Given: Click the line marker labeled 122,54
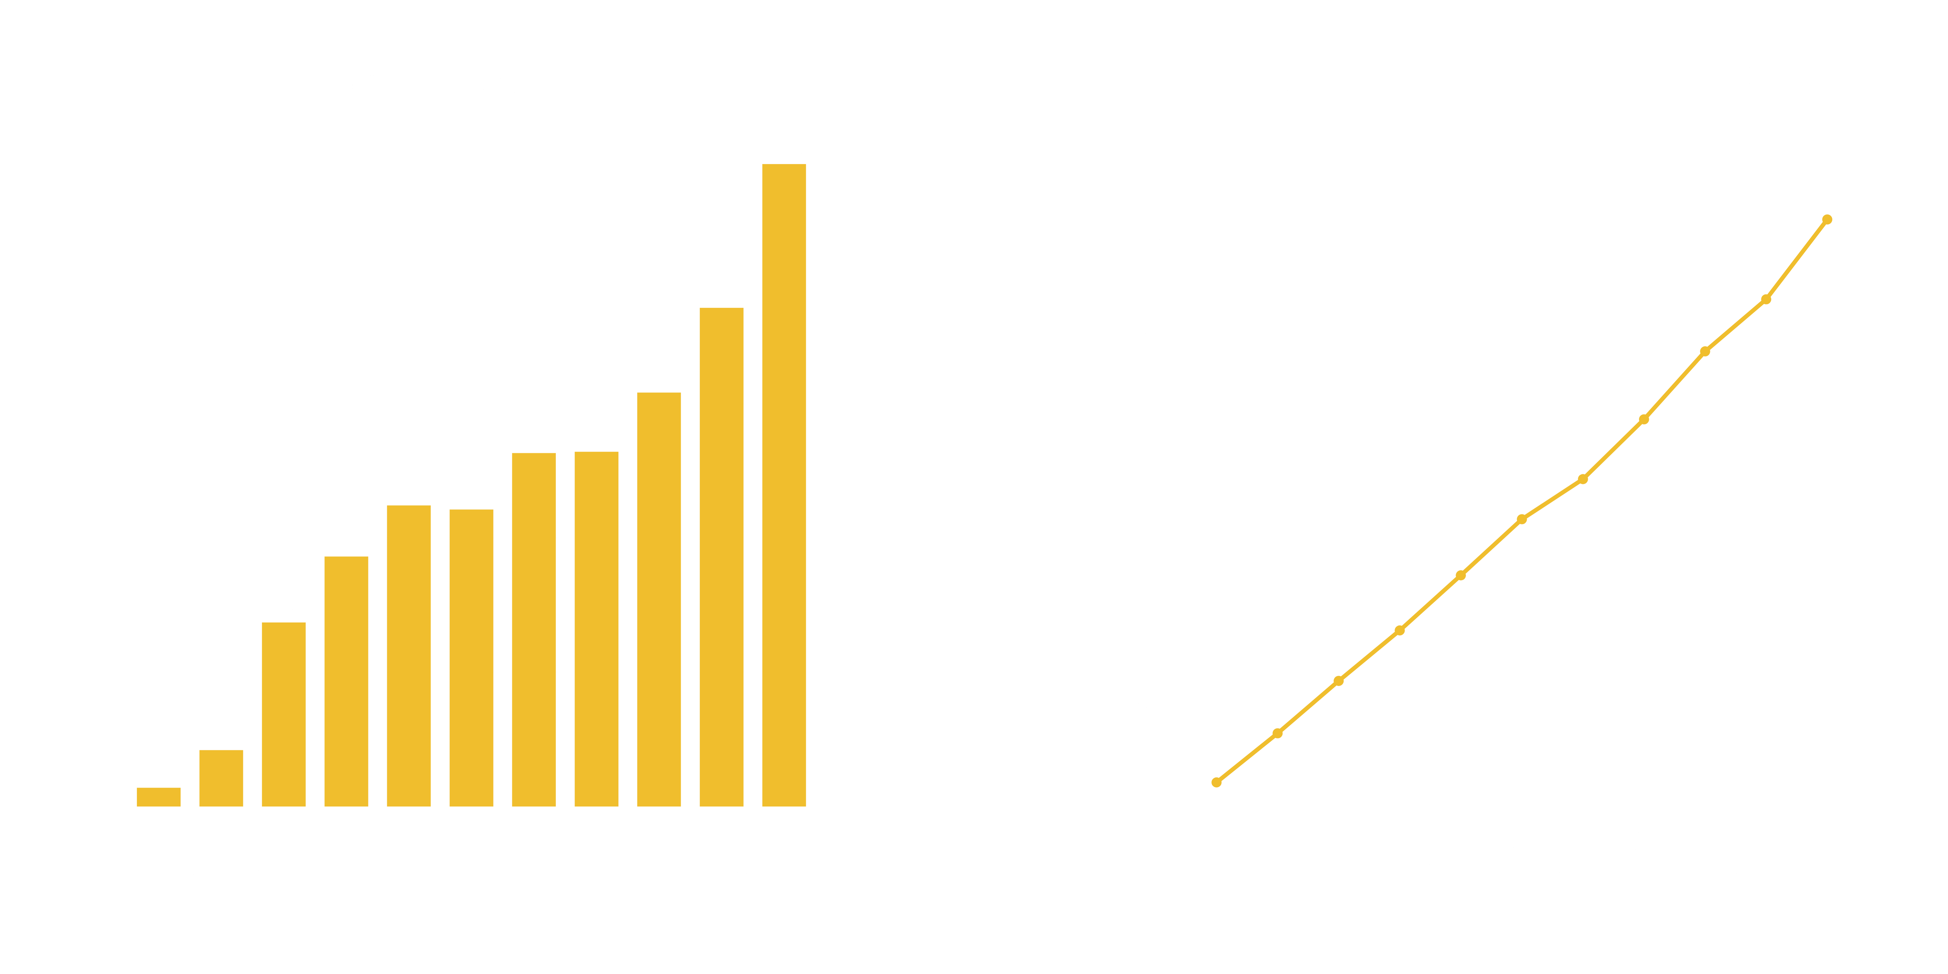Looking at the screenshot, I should tap(1827, 219).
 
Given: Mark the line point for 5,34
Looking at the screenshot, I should tap(1216, 782).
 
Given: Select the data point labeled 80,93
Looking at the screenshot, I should tap(1643, 419).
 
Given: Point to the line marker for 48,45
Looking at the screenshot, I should tap(1460, 575).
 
